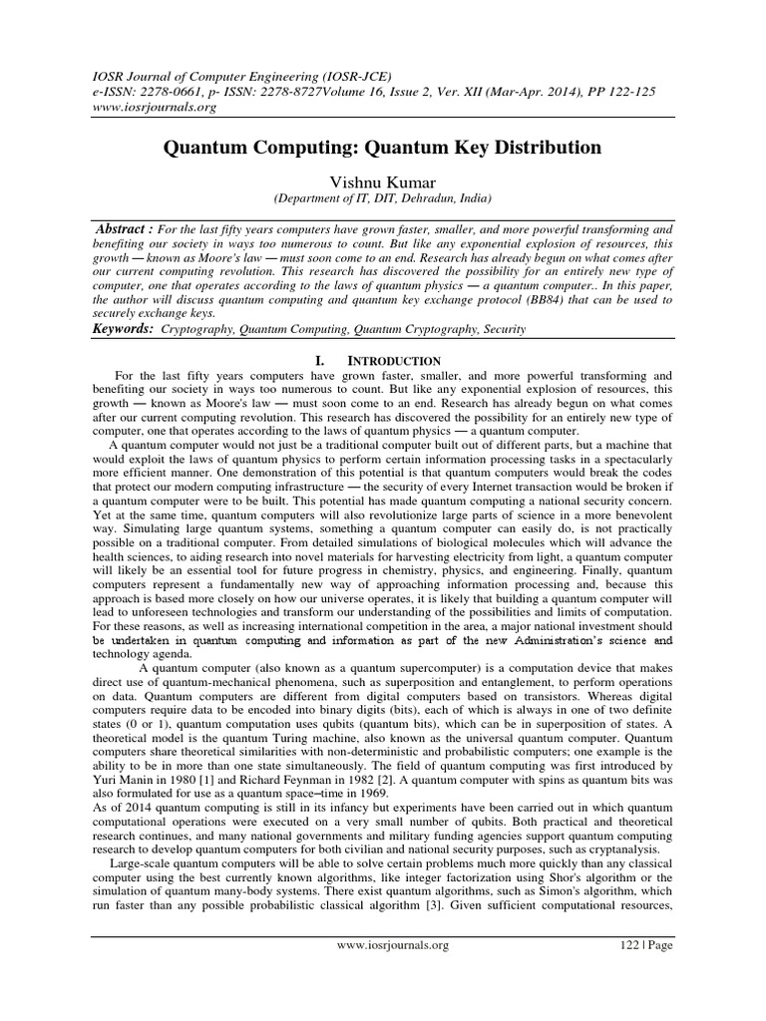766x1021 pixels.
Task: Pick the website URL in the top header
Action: coord(140,79)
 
